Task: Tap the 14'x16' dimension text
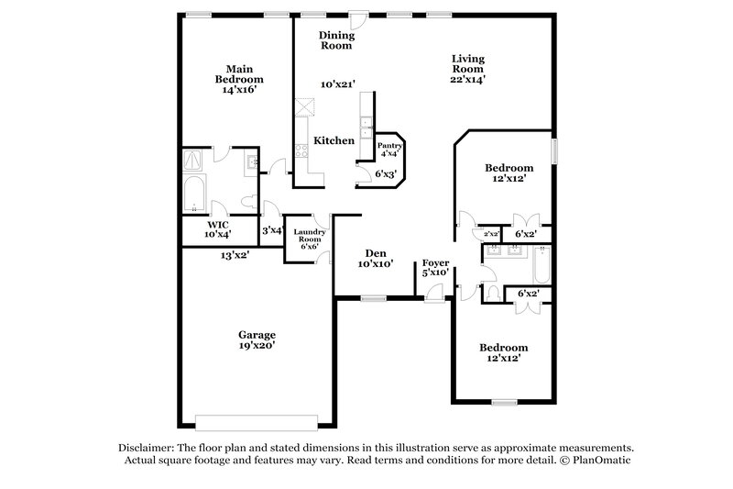pos(240,91)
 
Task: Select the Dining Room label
pos(336,40)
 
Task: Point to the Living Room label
pos(467,64)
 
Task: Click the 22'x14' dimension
pos(467,80)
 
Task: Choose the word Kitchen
pos(334,140)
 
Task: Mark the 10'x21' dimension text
pos(337,84)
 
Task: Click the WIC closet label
pos(217,224)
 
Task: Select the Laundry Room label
pos(309,238)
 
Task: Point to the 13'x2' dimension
pos(235,255)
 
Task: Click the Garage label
pos(257,335)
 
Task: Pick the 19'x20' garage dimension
pos(257,346)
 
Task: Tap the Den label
pos(375,252)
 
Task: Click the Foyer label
pos(434,262)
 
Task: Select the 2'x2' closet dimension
pos(491,235)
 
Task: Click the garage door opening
pos(259,421)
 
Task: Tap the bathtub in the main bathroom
pos(194,194)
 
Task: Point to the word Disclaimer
pos(150,445)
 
